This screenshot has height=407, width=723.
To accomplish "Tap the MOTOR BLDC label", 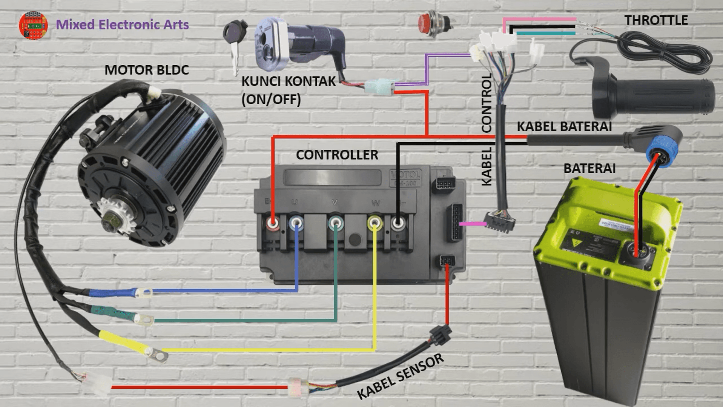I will tap(146, 70).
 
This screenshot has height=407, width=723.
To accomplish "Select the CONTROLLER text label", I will tap(337, 155).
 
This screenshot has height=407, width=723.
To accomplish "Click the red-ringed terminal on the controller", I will tap(272, 223).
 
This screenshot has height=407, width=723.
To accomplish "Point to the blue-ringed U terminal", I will tap(296, 223).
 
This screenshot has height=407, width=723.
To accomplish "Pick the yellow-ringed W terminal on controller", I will tap(375, 223).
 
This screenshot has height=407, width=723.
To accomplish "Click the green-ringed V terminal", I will tap(335, 223).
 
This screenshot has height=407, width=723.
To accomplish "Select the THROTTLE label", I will tap(656, 20).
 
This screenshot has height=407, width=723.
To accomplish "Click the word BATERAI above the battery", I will tap(589, 168).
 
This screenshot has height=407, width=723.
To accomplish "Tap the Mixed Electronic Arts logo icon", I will tap(33, 25).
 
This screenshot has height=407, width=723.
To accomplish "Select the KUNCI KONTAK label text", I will tap(288, 81).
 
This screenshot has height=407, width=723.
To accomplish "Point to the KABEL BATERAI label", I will tap(564, 127).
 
